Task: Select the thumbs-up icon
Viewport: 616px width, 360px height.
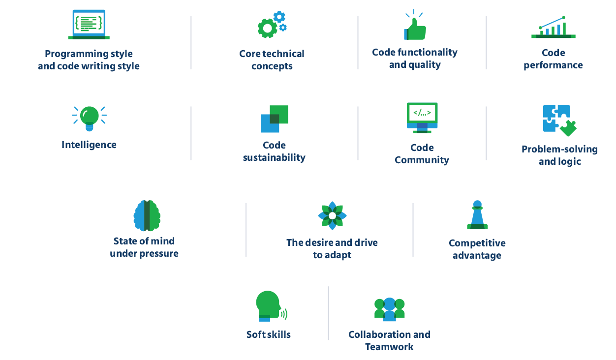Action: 414,26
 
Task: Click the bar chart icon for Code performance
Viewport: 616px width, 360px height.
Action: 553,28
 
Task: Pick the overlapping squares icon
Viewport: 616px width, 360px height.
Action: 274,119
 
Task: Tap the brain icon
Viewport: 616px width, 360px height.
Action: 147,215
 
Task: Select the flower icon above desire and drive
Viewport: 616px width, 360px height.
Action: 332,215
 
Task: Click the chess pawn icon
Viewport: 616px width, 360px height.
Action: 477,215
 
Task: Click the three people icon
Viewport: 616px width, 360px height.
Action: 389,309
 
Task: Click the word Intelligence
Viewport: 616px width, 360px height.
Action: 89,145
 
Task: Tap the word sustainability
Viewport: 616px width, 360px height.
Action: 274,158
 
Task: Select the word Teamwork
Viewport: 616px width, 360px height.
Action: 389,347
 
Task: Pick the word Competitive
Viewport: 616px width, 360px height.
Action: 477,243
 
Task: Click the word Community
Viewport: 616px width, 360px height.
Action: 422,160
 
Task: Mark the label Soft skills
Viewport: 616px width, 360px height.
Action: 269,334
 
